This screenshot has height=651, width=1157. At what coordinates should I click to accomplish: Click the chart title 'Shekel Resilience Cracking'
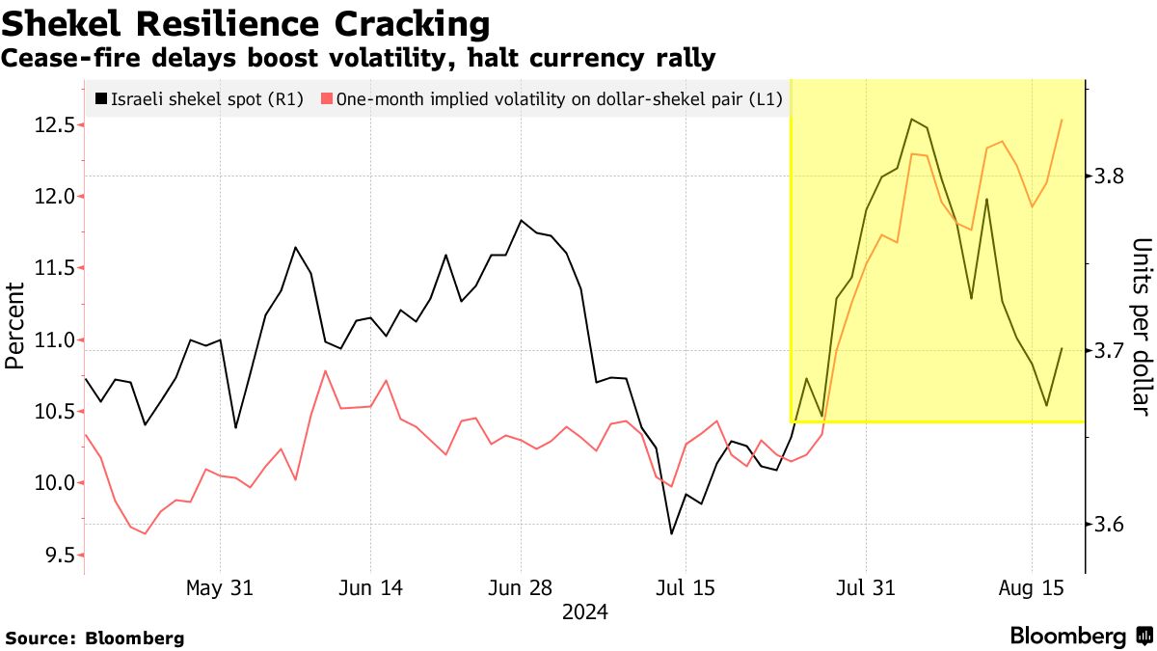pyautogui.click(x=246, y=23)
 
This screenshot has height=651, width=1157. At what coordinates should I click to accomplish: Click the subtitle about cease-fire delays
pyautogui.click(x=358, y=59)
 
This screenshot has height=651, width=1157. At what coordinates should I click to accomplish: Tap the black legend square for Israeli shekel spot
pyautogui.click(x=101, y=98)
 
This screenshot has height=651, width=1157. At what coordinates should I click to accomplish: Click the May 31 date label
pyautogui.click(x=220, y=587)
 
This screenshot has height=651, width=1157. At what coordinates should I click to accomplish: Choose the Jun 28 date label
pyautogui.click(x=521, y=587)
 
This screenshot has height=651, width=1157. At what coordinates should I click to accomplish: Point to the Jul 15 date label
pyautogui.click(x=685, y=587)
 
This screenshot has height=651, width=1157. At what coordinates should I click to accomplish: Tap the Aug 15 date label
pyautogui.click(x=1032, y=587)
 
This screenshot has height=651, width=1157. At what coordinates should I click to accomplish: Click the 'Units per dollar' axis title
pyautogui.click(x=1141, y=326)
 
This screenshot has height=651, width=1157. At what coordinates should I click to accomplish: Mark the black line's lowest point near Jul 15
pyautogui.click(x=671, y=533)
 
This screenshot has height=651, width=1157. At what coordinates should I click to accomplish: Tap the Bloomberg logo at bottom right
pyautogui.click(x=1080, y=636)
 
